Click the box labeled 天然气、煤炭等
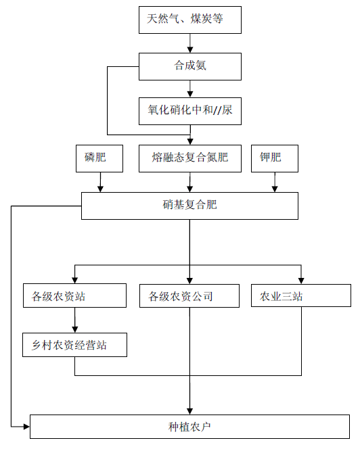(190, 20)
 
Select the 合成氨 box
(190, 66)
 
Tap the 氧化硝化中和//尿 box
(190, 111)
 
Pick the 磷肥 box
(99, 158)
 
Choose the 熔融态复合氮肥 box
(190, 158)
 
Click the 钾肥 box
(275, 158)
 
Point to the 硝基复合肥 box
(189, 206)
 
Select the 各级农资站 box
(75, 296)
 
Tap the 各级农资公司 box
(189, 296)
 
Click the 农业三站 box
(301, 296)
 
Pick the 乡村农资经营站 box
(75, 345)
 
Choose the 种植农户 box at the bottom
(189, 427)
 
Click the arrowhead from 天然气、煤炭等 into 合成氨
(190, 49)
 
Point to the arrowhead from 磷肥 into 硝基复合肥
(100, 189)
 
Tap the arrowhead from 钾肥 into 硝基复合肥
(275, 189)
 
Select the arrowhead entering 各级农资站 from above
(75, 281)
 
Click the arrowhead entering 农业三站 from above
(301, 281)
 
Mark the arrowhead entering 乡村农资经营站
(75, 329)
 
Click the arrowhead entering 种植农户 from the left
(26, 427)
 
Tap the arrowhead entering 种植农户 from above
(189, 411)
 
